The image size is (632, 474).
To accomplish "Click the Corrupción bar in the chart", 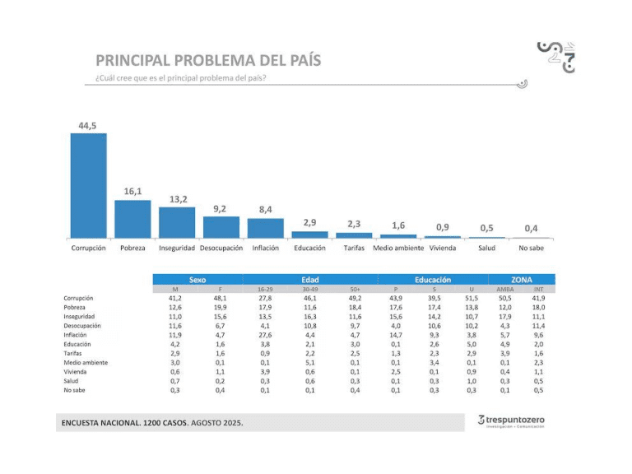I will pyautogui.click(x=88, y=185).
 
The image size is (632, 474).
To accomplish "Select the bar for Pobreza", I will pyautogui.click(x=132, y=219).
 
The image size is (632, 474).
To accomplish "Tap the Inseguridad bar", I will pyautogui.click(x=177, y=222).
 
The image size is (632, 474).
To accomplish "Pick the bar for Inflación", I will pyautogui.click(x=266, y=229).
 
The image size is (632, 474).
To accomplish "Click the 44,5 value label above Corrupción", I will pyautogui.click(x=88, y=124).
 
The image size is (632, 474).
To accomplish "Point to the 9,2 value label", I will pyautogui.click(x=221, y=209).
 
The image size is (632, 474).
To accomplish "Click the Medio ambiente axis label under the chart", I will pyautogui.click(x=398, y=248).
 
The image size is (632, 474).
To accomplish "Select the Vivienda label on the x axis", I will pyautogui.click(x=443, y=248).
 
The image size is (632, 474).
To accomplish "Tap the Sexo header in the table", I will pyautogui.click(x=198, y=280).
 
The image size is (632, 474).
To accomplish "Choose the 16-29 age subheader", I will pyautogui.click(x=265, y=290).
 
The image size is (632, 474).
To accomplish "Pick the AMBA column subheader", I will pyautogui.click(x=505, y=290).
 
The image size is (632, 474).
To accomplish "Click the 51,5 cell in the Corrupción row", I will pyautogui.click(x=472, y=299).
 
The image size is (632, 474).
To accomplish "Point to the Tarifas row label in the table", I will pyautogui.click(x=75, y=353).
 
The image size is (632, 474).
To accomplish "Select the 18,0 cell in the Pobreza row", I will pyautogui.click(x=539, y=308).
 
